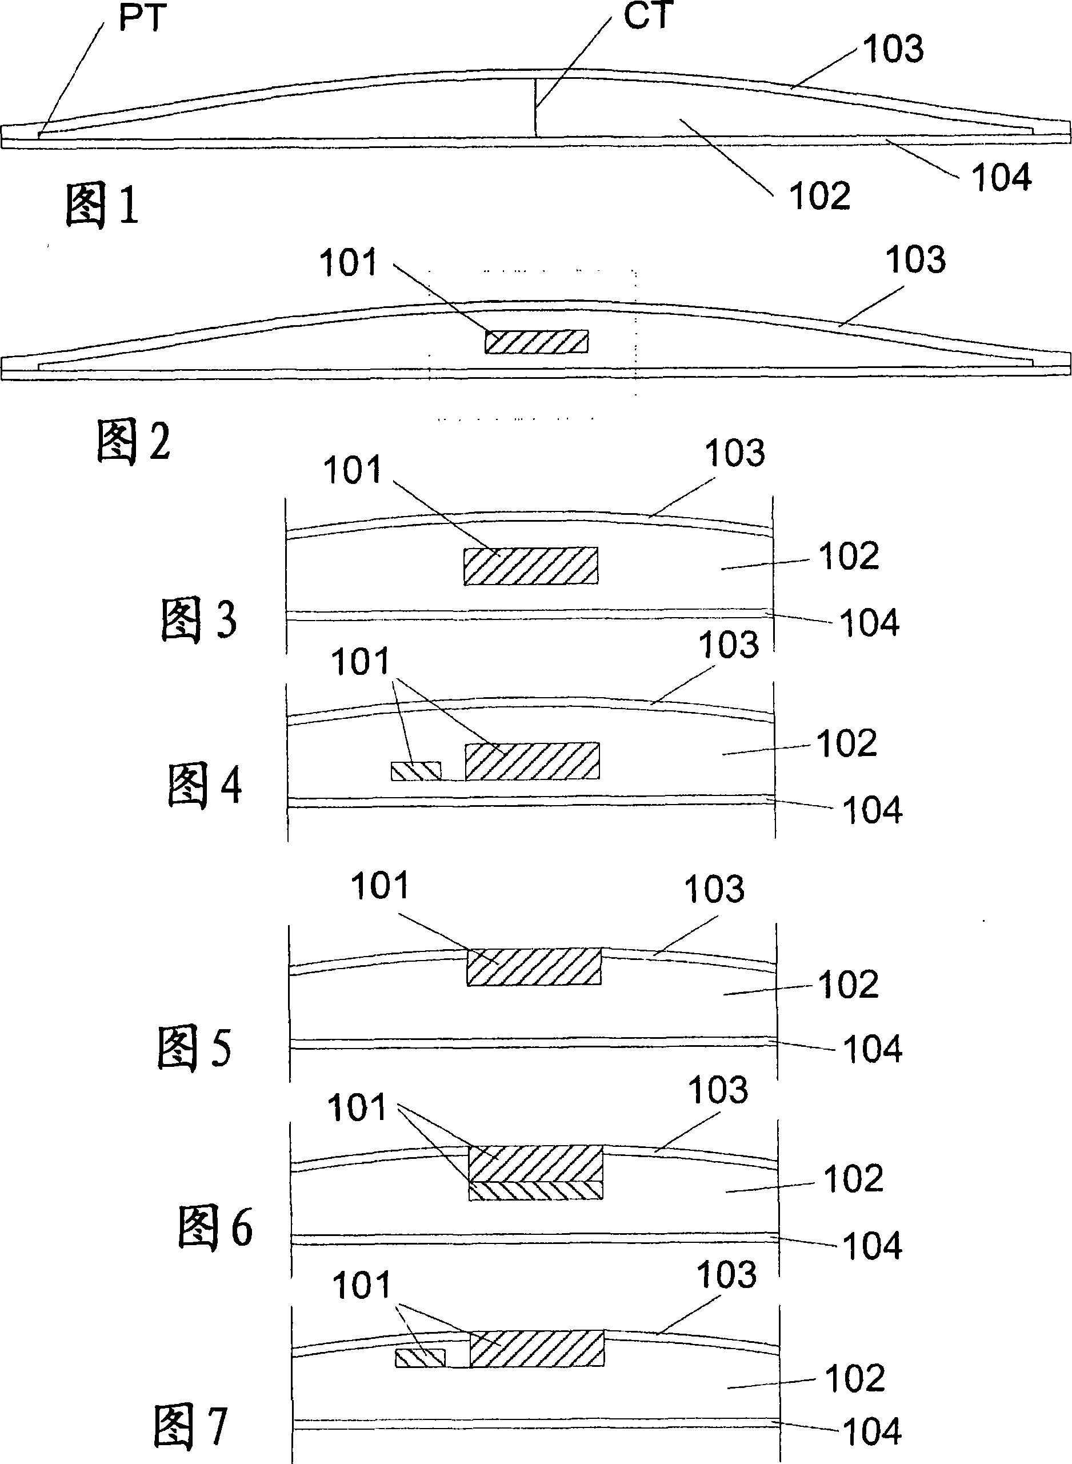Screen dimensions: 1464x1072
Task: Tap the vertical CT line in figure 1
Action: [535, 107]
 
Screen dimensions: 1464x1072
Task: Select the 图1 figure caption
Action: [102, 205]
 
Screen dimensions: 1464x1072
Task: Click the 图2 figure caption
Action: [133, 441]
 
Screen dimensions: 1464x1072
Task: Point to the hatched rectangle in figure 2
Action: [537, 341]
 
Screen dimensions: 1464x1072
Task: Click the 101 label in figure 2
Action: [348, 263]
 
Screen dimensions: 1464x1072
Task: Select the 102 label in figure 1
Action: [819, 195]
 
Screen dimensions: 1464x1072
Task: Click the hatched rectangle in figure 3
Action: [531, 566]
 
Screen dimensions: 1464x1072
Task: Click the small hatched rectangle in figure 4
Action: [416, 771]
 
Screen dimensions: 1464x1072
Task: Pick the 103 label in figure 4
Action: [728, 645]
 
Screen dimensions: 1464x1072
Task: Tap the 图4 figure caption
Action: [205, 785]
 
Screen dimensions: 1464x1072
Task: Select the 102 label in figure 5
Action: [848, 985]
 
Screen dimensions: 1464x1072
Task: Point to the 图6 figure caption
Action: [215, 1227]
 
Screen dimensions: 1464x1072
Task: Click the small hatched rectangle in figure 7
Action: [421, 1358]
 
